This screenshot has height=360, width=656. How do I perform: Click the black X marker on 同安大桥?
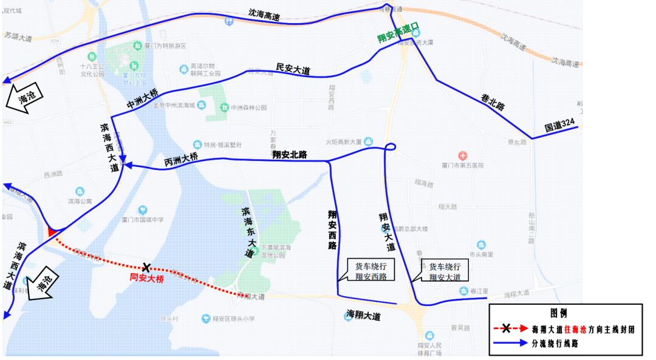click(x=146, y=267)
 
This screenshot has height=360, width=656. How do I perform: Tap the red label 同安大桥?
click(x=147, y=279)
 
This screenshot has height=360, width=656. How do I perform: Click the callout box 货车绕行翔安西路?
click(x=371, y=271)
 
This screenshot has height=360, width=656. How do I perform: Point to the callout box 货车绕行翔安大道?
click(x=445, y=271)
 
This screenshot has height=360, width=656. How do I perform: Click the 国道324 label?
click(x=559, y=125)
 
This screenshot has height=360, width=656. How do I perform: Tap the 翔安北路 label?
click(x=290, y=155)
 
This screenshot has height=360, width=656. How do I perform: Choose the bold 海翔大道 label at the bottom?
click(x=363, y=316)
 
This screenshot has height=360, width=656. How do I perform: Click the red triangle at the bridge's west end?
click(x=52, y=231)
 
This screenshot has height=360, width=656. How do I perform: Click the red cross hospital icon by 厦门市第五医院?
click(x=463, y=156)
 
